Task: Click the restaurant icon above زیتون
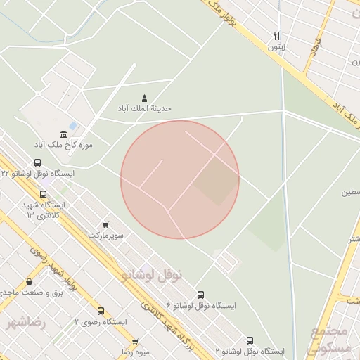[x=277, y=37]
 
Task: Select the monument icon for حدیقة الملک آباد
[x=145, y=98]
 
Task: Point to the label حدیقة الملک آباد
[x=145, y=109]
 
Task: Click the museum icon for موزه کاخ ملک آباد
[x=64, y=134]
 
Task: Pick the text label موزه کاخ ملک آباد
[x=64, y=145]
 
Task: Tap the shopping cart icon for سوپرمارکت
[x=105, y=225]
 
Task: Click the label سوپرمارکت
[x=105, y=235]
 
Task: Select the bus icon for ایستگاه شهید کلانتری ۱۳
[x=44, y=195]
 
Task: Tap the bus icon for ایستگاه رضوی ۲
[x=101, y=311]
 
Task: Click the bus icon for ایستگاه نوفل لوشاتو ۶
[x=201, y=295]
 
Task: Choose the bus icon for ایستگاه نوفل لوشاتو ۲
[x=250, y=340]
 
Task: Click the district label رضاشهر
[x=26, y=323]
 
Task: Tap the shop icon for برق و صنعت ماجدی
[x=29, y=281]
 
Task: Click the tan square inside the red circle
[x=217, y=181]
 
